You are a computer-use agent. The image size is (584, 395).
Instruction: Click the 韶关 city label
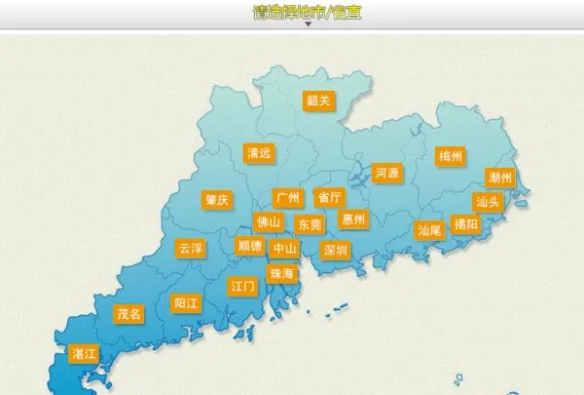tap(318, 100)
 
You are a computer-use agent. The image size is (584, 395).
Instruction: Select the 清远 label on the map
tap(259, 153)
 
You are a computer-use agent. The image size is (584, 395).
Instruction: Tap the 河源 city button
tap(386, 174)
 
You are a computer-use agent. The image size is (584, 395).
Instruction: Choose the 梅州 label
tap(451, 156)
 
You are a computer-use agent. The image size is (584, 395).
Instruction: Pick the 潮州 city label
tap(500, 178)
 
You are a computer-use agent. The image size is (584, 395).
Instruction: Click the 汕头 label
tap(488, 202)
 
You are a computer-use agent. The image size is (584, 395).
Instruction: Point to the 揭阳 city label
tap(466, 224)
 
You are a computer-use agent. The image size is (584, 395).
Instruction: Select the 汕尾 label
tap(429, 230)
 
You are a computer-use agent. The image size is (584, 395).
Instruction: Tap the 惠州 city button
tap(353, 219)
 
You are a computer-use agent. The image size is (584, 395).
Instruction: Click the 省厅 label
tap(329, 197)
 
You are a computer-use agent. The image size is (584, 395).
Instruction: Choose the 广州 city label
tap(288, 198)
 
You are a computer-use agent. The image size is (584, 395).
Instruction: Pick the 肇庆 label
tap(217, 200)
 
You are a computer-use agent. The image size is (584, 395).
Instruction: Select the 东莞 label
tap(310, 224)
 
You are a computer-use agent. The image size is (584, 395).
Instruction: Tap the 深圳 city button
tap(336, 250)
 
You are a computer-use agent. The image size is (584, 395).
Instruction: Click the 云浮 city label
tap(191, 249)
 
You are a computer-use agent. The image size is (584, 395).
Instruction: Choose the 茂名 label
tap(129, 314)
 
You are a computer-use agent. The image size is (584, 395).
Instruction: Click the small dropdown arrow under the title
tap(308, 25)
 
